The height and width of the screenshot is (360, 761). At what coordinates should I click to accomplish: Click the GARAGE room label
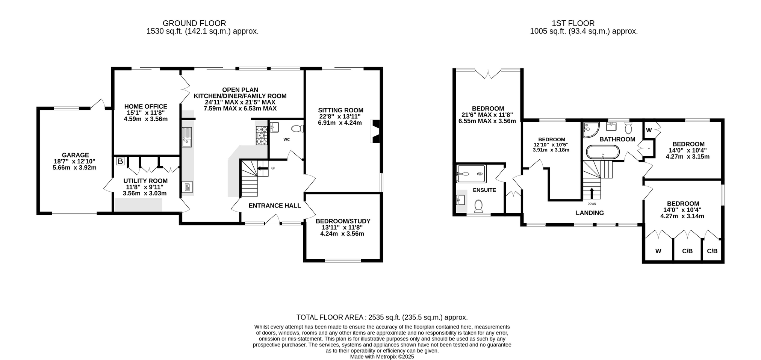76,155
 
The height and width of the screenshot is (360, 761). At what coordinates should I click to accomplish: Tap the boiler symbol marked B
120,162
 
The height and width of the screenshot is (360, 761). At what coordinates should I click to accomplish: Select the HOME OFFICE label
146,107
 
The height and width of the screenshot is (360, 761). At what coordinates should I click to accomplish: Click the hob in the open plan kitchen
262,135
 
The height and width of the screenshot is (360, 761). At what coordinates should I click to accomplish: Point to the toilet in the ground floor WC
298,129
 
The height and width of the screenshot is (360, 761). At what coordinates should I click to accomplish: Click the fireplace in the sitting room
376,131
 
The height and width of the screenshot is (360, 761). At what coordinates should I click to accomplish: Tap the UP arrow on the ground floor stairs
263,168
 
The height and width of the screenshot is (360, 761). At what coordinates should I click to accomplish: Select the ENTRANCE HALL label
275,206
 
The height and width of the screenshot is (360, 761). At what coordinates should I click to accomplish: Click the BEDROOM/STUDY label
343,221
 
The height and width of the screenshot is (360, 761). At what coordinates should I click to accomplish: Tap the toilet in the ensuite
478,206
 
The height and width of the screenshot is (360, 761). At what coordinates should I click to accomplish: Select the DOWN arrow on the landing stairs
592,193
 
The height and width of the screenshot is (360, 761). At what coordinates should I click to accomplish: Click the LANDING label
590,213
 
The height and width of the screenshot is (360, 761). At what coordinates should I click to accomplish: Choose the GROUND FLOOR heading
194,24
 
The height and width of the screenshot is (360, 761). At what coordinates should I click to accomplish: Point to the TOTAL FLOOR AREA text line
382,318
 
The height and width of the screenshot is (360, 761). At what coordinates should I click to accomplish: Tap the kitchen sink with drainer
187,137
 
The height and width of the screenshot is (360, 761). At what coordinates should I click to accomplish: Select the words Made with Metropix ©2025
382,357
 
